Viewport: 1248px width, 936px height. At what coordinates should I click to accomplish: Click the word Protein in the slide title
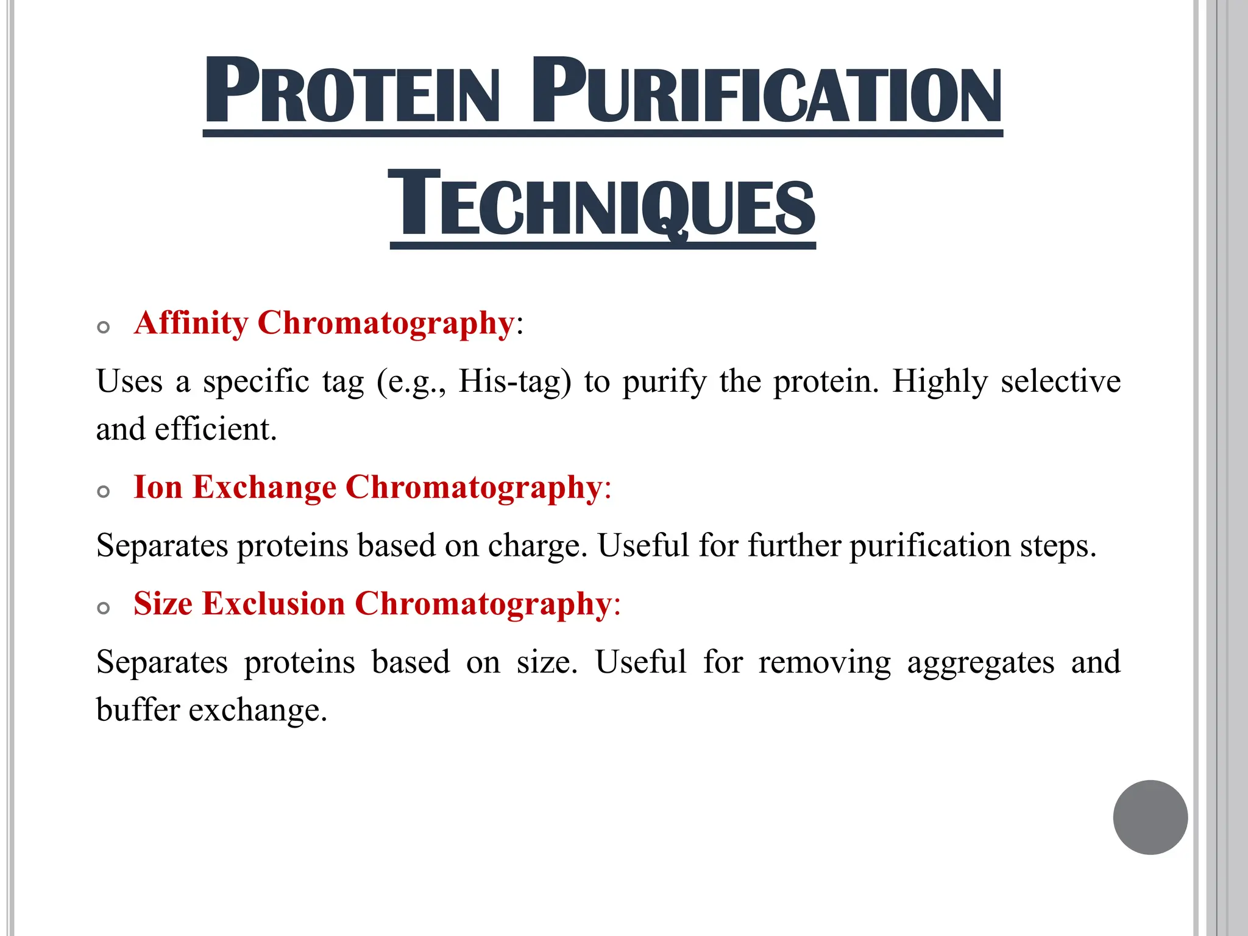[352, 91]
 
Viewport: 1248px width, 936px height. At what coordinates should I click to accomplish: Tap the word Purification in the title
[767, 91]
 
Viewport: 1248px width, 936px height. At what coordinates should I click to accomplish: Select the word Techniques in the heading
[602, 204]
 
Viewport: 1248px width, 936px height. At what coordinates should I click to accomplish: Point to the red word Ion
[158, 487]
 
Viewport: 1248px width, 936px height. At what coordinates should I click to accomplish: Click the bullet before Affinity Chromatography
[104, 327]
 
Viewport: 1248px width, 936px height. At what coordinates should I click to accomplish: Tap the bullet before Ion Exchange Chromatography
[104, 491]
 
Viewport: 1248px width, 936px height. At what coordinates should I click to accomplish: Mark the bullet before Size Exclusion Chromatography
[104, 608]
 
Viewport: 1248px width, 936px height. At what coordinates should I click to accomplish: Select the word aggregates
[980, 662]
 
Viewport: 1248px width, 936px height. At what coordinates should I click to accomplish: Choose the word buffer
[138, 709]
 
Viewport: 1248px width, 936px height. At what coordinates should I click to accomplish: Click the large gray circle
[1150, 817]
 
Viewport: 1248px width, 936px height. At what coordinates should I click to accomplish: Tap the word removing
[824, 662]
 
